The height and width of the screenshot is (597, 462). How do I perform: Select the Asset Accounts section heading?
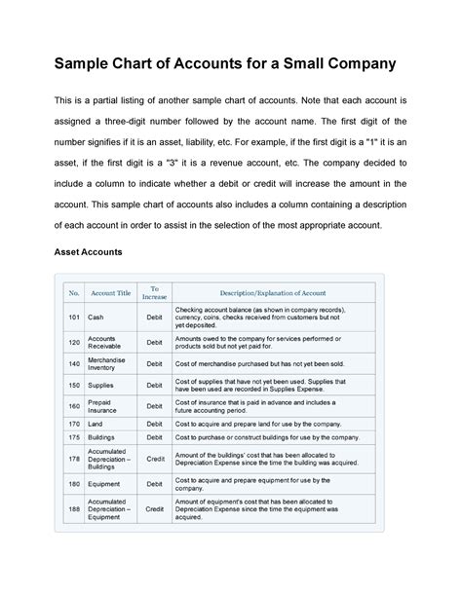click(x=85, y=252)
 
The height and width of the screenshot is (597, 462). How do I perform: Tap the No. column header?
click(x=73, y=292)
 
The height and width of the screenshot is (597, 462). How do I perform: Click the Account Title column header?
click(x=110, y=292)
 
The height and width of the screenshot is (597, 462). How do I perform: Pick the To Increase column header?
click(x=154, y=292)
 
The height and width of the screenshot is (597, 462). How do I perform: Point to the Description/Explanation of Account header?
click(x=274, y=292)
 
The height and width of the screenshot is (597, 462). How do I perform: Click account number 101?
click(x=73, y=317)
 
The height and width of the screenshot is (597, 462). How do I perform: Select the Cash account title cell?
click(x=96, y=317)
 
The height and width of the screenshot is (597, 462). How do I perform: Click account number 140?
click(x=73, y=363)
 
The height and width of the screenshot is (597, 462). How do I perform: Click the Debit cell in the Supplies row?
click(x=154, y=385)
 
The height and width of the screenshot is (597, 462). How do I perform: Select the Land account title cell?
click(x=96, y=425)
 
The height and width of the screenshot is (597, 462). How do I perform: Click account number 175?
click(x=73, y=438)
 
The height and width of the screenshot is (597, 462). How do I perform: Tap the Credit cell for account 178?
click(x=154, y=458)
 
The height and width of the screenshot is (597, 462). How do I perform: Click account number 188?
click(x=73, y=508)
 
